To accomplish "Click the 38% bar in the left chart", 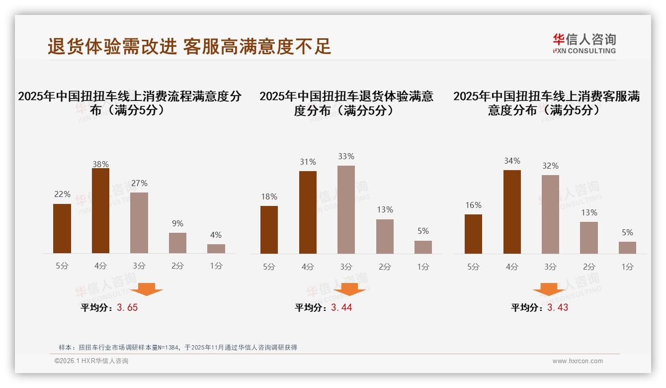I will click(x=100, y=211).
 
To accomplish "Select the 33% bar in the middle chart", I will click(x=346, y=209).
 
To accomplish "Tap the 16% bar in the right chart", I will click(x=473, y=234).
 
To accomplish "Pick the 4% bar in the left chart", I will click(x=216, y=249).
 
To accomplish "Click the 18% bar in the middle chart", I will click(x=269, y=229).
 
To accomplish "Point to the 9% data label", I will click(x=177, y=223).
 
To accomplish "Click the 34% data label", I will click(x=512, y=161).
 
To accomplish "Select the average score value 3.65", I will click(x=127, y=307).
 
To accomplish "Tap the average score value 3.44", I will click(x=341, y=307).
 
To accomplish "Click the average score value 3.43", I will click(x=558, y=307).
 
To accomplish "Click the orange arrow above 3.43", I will click(x=549, y=290).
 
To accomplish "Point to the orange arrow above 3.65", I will click(x=146, y=289).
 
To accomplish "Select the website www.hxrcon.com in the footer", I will click(x=578, y=361).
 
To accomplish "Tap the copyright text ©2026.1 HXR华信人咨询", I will click(x=91, y=361).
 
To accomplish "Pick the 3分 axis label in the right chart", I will click(x=550, y=267).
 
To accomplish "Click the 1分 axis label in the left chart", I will click(x=216, y=266).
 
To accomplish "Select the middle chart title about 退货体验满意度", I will click(x=346, y=103).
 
